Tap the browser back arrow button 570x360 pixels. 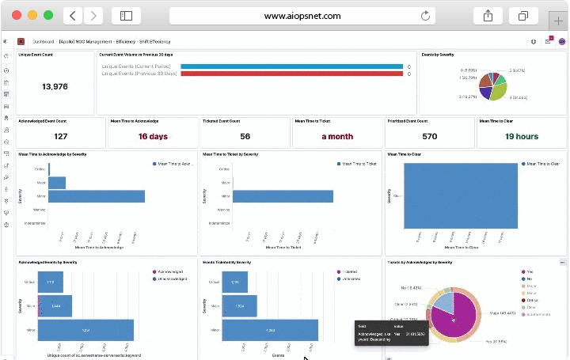(72, 15)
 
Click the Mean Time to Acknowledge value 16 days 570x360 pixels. (153, 136)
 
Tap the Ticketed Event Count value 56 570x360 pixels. (245, 136)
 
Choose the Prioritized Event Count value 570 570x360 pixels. (429, 136)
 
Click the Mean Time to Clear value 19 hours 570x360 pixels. (521, 136)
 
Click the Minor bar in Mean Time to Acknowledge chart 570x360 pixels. (97, 196)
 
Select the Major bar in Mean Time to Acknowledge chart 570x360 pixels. (57, 183)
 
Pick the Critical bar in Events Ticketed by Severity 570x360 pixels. (234, 282)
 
